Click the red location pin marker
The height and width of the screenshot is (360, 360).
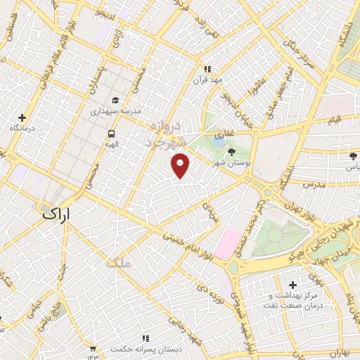(181, 165)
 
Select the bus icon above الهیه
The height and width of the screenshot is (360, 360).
(111, 134)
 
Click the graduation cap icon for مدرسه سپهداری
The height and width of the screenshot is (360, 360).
(115, 101)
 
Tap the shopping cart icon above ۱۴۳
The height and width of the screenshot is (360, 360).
(92, 347)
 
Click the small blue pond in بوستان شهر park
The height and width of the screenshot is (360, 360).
(219, 141)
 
